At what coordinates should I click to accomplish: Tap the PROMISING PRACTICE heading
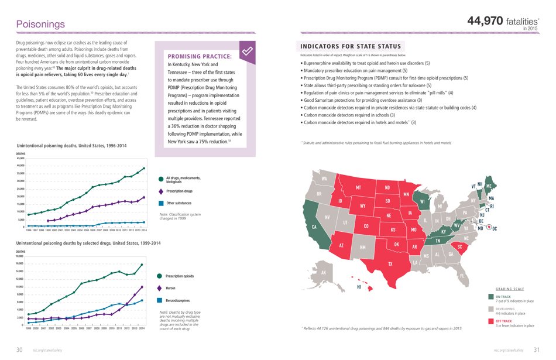(x=200, y=56)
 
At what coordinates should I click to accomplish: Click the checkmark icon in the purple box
(x=248, y=52)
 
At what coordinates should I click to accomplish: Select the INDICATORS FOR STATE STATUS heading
(x=351, y=46)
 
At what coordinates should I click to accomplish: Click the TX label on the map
(x=390, y=264)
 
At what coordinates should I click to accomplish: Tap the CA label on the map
(x=314, y=227)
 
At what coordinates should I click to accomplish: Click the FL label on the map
(x=462, y=276)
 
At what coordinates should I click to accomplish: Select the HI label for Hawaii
(x=358, y=287)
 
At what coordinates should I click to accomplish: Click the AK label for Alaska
(x=322, y=272)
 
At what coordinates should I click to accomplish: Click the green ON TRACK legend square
(x=491, y=297)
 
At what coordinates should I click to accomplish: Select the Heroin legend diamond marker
(x=160, y=288)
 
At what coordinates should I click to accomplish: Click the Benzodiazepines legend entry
(x=181, y=300)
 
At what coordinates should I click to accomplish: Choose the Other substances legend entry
(x=179, y=203)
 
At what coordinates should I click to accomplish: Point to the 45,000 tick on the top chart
(x=20, y=158)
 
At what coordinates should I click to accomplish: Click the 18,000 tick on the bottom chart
(x=20, y=256)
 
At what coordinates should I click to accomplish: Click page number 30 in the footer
(x=19, y=349)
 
